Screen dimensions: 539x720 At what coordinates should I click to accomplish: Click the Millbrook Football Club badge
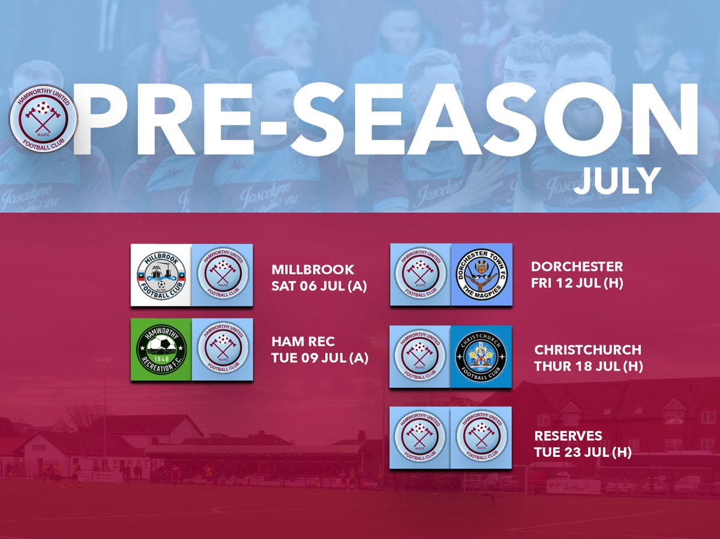161,275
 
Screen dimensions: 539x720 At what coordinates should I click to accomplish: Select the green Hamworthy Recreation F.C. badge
161,350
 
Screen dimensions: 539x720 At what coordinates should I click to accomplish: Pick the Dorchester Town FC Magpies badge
481,275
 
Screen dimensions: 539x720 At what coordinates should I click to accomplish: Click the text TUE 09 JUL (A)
320,358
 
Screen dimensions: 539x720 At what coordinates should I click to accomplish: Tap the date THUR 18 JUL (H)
589,366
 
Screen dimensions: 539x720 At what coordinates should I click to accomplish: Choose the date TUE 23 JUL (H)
583,452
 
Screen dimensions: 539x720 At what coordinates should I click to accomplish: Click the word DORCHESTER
577,266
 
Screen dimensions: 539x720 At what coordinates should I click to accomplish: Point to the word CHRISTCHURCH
587,349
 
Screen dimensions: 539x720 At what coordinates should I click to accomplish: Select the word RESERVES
568,435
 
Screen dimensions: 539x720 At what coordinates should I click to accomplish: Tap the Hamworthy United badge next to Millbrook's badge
222,275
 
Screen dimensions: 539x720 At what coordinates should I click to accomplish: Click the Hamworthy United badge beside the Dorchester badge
419,275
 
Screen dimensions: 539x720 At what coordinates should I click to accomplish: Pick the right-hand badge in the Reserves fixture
481,438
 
